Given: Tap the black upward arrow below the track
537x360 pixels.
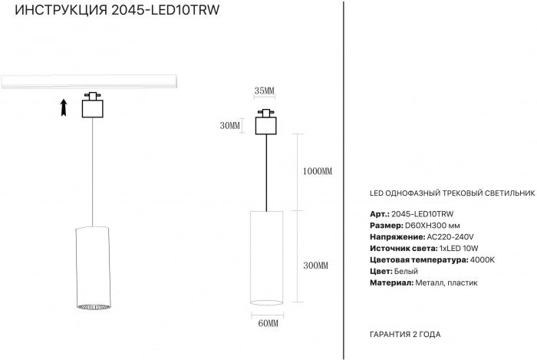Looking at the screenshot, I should [64, 107].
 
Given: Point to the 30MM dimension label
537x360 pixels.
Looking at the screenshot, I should [229, 125].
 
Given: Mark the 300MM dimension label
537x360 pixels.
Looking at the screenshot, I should [316, 265].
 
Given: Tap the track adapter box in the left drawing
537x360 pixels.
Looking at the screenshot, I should [91, 106].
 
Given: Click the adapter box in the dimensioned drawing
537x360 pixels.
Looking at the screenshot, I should [266, 124].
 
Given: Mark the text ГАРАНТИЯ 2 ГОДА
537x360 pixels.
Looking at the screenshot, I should [405, 335].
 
